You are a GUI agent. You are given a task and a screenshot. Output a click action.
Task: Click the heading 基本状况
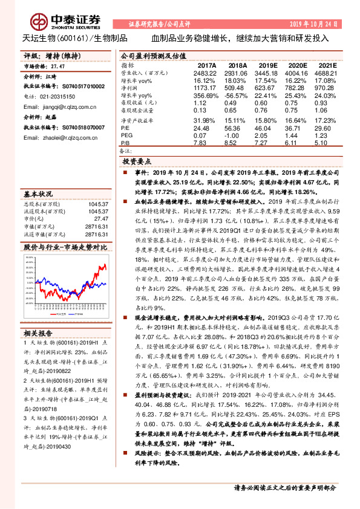(38, 195)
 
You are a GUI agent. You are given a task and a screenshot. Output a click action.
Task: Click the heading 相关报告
(38, 333)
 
